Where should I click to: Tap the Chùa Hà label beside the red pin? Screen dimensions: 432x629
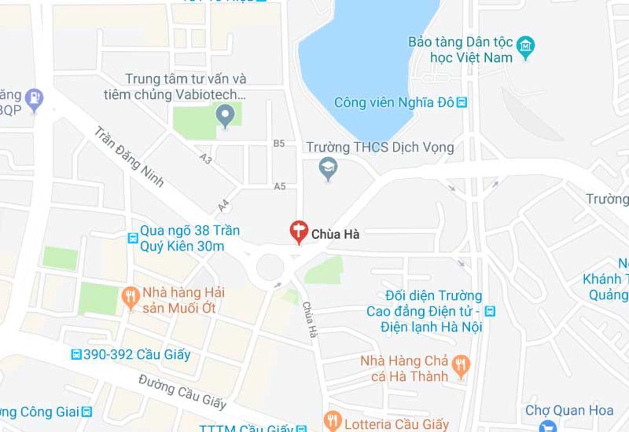[x=336, y=234]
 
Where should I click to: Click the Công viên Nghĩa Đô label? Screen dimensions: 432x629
[x=394, y=102]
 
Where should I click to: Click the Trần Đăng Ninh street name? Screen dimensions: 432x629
[x=129, y=157]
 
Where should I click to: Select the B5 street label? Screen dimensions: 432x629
[x=279, y=143]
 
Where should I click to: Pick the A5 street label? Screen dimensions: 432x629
[x=279, y=186]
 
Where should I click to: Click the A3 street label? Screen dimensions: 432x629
[x=205, y=158]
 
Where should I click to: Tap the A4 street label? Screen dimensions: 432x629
[x=224, y=205]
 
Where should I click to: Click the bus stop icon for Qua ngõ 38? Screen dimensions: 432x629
[x=132, y=238]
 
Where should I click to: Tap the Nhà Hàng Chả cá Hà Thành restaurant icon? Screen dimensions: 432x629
[x=460, y=365]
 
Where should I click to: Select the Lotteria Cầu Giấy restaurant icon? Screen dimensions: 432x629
[x=332, y=421]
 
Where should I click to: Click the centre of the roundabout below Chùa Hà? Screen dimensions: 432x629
[x=270, y=267]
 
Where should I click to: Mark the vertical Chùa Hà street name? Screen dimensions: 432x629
[x=309, y=320]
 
